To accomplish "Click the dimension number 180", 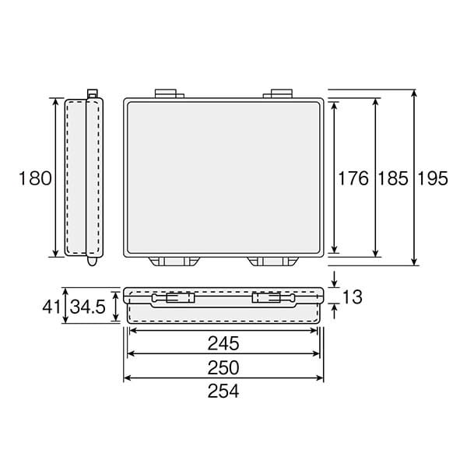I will pos(35,178).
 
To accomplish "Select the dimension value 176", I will pos(353,178).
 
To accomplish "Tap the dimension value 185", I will pos(392,178).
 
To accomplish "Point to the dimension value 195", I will pos(433,178).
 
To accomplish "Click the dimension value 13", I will pos(352,297).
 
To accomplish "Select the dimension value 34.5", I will pos(87,307).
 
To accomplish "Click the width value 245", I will pos(223,343).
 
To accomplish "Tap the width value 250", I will pos(223,367).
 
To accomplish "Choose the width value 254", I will pos(223,392).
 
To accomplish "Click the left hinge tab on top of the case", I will pos(167,93).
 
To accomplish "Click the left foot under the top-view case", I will pos(173,261).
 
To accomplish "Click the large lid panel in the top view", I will pos(223,177).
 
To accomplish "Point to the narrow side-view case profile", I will pos(84,177).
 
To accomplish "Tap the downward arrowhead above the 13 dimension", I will pos(335,283).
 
